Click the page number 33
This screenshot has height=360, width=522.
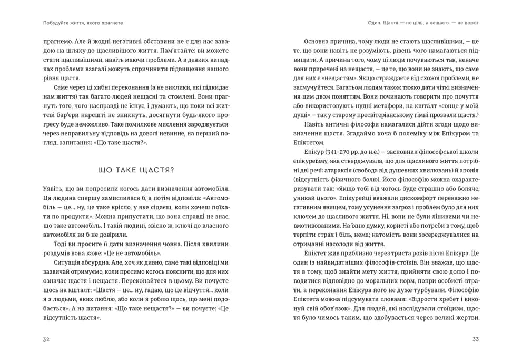(x=476, y=339)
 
